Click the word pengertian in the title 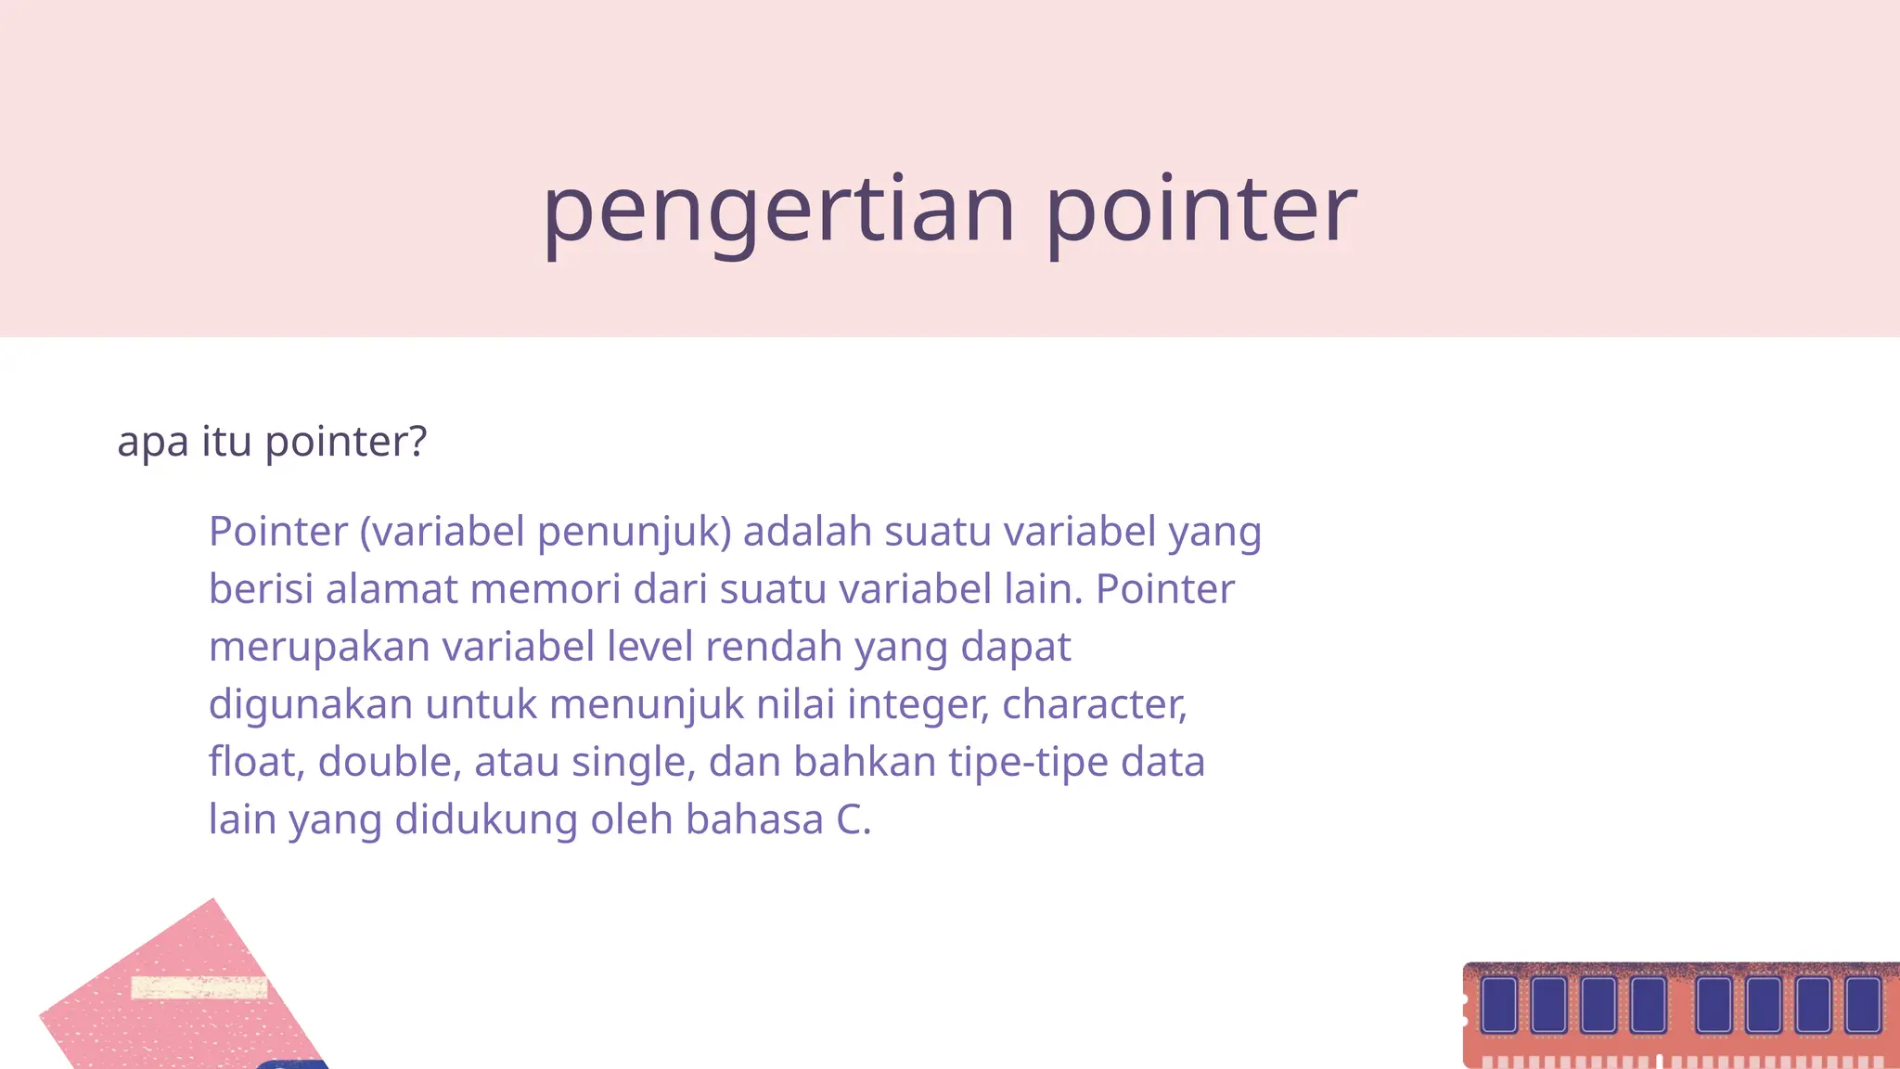coord(778,212)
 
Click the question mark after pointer coord(417,441)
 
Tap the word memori coord(546,589)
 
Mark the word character coord(1093,704)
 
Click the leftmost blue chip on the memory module coord(1498,1004)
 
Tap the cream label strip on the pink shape coord(199,988)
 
